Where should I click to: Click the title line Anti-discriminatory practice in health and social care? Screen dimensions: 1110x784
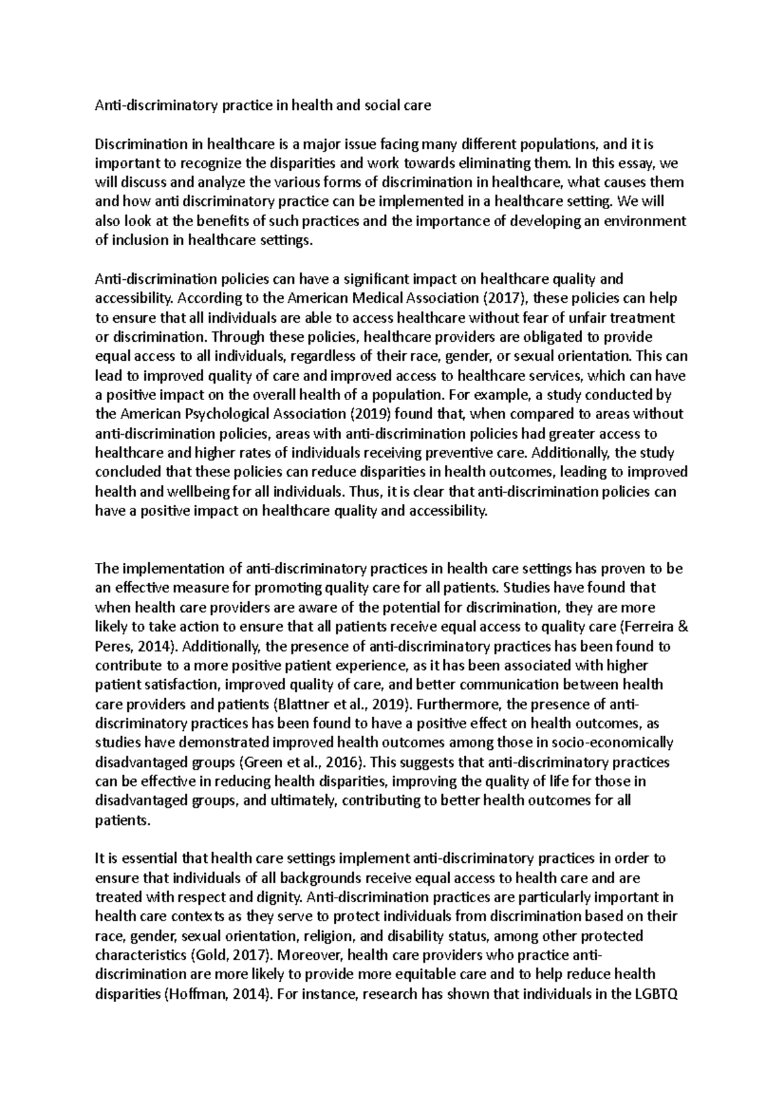click(263, 105)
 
